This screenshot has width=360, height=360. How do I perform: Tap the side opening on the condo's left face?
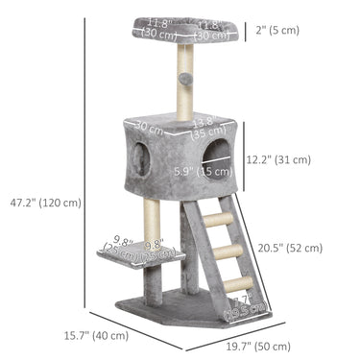tap(140, 156)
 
